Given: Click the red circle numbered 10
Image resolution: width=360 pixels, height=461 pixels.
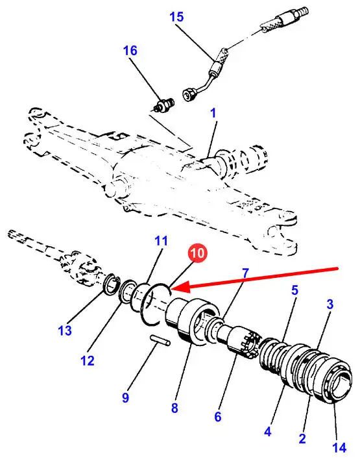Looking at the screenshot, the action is click(x=198, y=253).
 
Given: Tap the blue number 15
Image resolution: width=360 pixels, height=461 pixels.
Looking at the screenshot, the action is click(x=176, y=17).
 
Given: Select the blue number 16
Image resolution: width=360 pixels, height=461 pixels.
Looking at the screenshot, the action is click(x=130, y=50).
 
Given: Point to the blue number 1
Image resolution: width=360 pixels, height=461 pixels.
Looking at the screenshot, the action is click(x=213, y=113).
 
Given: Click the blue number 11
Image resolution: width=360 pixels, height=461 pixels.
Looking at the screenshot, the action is click(x=161, y=241).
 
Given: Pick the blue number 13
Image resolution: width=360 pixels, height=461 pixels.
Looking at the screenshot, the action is click(x=65, y=330).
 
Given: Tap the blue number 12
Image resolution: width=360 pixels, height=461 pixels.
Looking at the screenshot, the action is click(x=87, y=360).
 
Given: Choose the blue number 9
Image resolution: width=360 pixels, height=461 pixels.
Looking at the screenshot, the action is click(x=125, y=398).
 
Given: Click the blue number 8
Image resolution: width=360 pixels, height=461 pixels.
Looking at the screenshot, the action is click(x=174, y=408).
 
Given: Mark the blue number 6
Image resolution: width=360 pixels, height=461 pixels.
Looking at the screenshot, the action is click(x=217, y=416).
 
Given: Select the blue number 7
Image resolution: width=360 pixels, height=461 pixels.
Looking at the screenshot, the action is click(x=245, y=273).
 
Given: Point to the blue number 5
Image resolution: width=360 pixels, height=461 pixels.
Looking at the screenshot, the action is click(x=294, y=290).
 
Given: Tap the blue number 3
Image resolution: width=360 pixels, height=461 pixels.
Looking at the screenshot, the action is click(x=330, y=305).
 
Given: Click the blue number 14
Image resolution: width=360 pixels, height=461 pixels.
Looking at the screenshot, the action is click(x=339, y=448).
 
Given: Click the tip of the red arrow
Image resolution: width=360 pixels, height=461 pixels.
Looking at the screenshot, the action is click(x=176, y=288).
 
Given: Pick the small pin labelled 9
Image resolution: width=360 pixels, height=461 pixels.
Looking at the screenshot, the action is click(x=160, y=340).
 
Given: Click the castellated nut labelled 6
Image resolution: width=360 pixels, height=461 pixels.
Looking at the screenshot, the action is click(x=245, y=342).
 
